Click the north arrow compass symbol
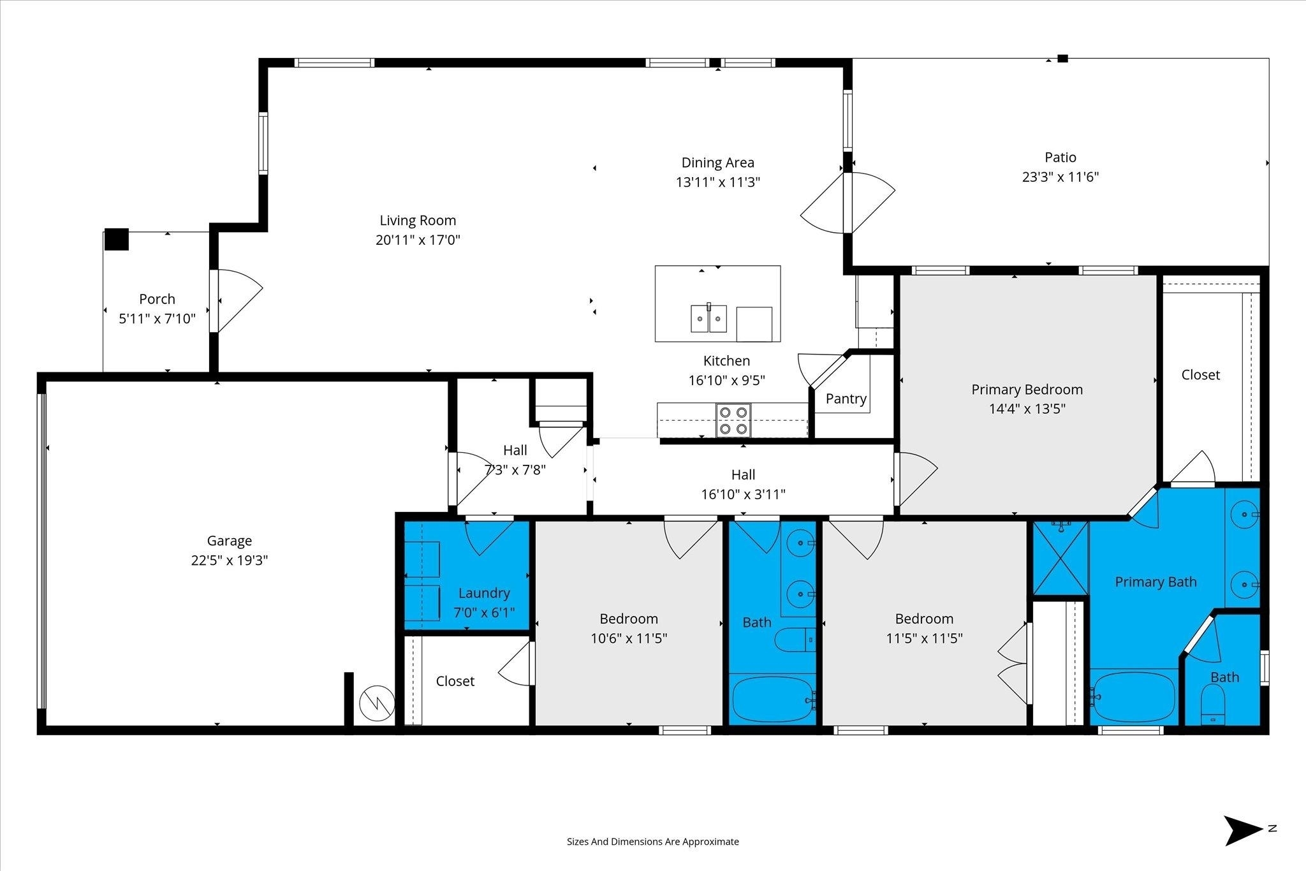pos(1243,831)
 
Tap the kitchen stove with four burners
pos(733,421)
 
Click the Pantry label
pos(846,399)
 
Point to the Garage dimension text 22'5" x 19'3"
pos(230,560)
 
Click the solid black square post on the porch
pos(117,239)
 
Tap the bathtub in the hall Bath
pos(772,699)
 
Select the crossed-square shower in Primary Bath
pos(1060,558)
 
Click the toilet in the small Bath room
pos(1213,705)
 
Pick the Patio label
pos(1060,157)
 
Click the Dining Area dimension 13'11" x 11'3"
pos(718,182)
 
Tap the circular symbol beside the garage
pos(373,704)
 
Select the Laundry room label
pos(484,593)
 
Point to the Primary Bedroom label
pos(1027,390)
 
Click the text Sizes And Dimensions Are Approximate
pos(653,842)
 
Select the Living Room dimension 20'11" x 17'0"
pos(418,240)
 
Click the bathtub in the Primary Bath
pos(1133,697)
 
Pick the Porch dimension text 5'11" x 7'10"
pos(157,319)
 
